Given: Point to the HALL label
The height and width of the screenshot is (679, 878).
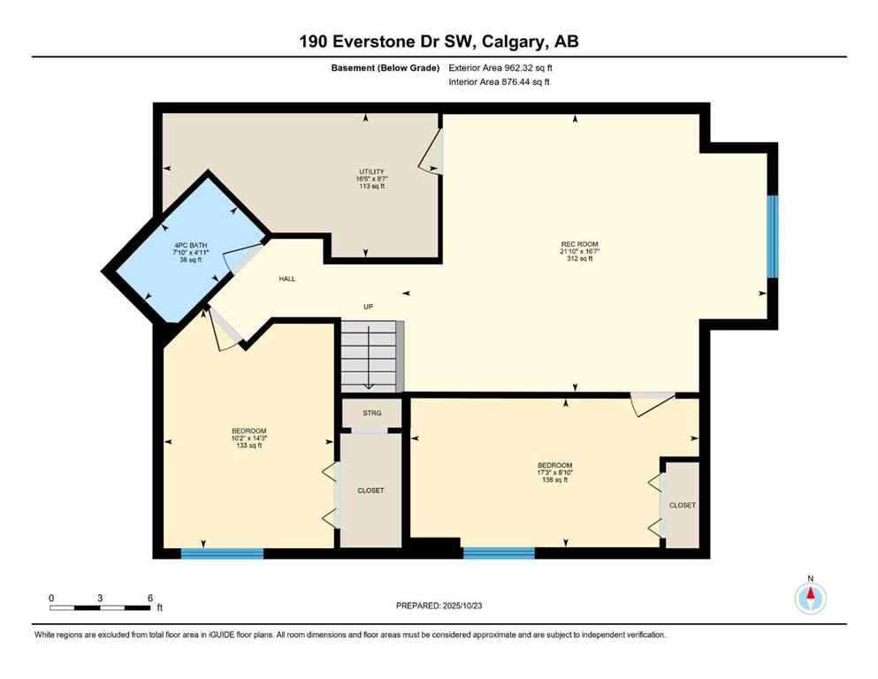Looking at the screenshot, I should tap(286, 278).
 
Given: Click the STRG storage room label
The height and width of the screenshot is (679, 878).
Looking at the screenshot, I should tap(372, 413).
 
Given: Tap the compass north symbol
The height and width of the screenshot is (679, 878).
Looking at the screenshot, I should tap(810, 598).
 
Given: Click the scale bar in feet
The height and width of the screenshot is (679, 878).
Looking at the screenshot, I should tap(101, 607).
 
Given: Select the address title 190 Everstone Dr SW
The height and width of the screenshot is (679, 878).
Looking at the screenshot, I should tap(439, 42).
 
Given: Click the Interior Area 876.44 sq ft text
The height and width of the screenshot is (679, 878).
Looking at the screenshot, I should tap(500, 82).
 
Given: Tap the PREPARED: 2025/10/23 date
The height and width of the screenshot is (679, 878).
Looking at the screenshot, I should tap(439, 606).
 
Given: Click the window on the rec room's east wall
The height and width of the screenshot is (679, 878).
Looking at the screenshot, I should tap(771, 236).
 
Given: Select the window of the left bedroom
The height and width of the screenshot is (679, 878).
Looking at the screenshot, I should tap(222, 553).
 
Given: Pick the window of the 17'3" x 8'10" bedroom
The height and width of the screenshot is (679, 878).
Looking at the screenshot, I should tap(499, 553).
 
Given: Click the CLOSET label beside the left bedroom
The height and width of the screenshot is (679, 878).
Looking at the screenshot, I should tap(370, 491).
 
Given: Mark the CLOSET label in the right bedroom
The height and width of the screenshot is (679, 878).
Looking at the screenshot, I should tap(682, 506).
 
